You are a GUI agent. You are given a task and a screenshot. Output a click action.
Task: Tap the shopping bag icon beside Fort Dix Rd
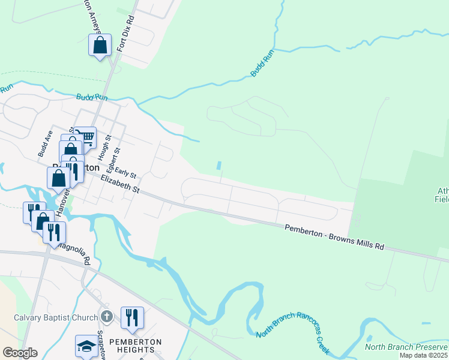click(100, 45)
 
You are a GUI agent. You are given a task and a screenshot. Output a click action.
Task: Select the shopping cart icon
click(86, 137)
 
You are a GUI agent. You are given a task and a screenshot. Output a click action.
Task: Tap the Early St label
click(125, 172)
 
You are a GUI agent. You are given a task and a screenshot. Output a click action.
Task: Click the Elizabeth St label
click(120, 184)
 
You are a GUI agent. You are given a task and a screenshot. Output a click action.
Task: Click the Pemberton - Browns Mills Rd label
click(333, 236)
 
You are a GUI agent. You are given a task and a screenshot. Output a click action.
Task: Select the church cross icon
click(107, 316)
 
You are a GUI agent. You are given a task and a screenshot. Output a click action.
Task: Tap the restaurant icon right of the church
click(132, 317)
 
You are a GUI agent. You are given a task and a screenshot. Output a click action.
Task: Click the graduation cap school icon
click(86, 346)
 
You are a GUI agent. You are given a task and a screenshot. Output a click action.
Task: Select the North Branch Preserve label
click(406, 346)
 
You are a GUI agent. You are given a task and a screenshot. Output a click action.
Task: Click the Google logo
click(20, 353)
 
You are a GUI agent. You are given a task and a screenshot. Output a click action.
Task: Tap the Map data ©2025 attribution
click(424, 355)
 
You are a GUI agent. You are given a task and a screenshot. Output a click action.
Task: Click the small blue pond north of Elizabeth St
click(218, 165)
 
